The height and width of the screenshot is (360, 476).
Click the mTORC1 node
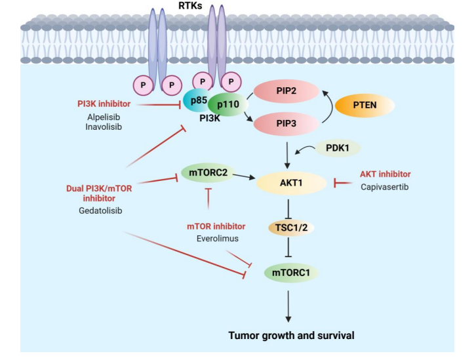click(289, 271)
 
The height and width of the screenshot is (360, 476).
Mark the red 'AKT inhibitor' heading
click(385, 174)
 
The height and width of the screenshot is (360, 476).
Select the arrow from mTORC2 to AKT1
click(247, 176)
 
